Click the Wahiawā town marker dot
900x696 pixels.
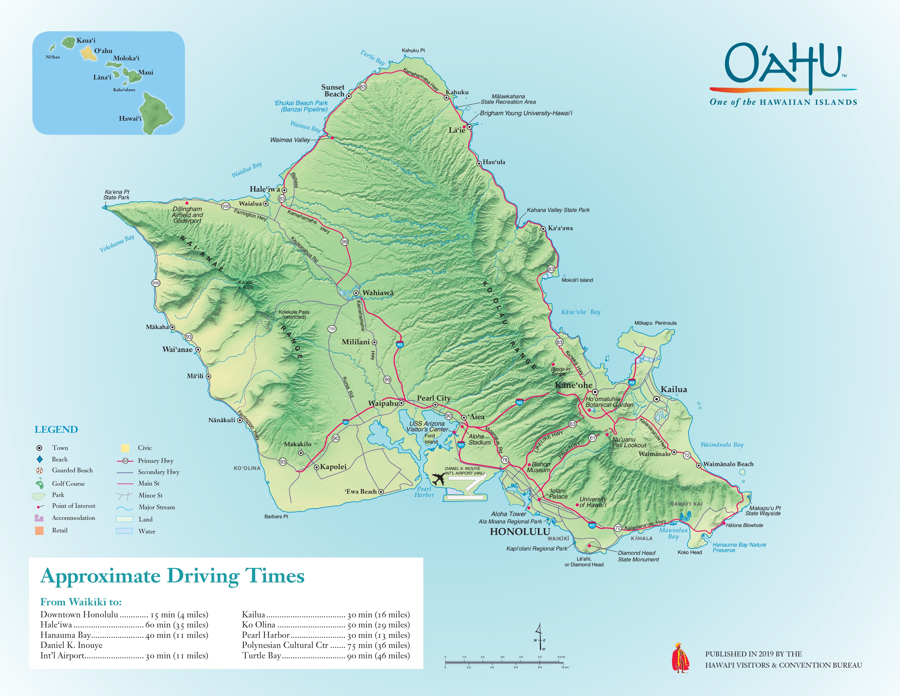coord(356,293)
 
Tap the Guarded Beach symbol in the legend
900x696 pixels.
coord(40,470)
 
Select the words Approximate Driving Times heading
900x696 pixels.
coord(172,576)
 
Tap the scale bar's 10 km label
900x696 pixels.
coord(564,667)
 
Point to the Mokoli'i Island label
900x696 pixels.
coord(577,280)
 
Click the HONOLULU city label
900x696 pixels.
coord(520,532)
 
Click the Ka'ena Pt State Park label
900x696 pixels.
coord(117,195)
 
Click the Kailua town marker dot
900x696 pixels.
coord(656,399)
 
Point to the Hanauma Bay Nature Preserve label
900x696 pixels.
coord(739,547)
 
